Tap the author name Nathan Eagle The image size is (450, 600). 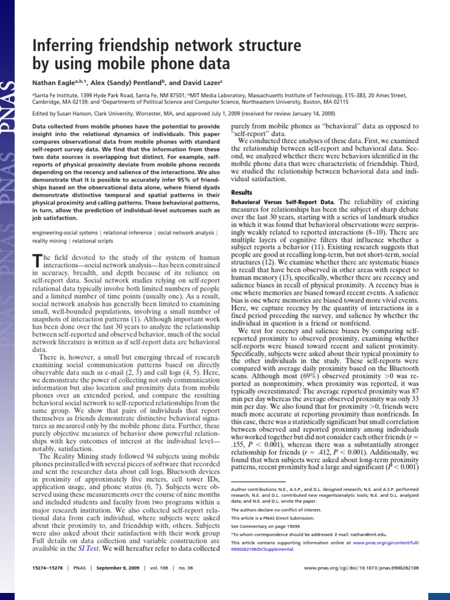pyautogui.click(x=53, y=83)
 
